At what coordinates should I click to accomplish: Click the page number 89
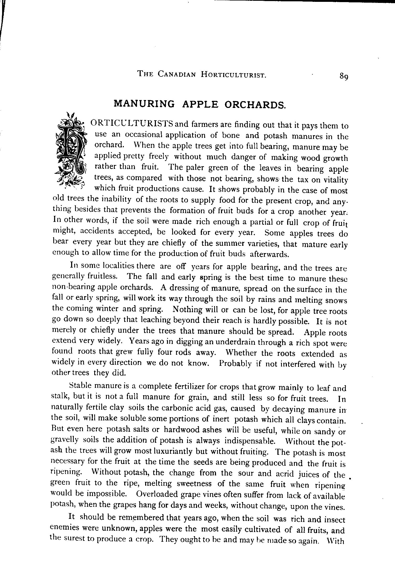pyautogui.click(x=344, y=76)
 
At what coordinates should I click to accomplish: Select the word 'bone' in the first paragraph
pyautogui.click(x=231, y=135)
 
